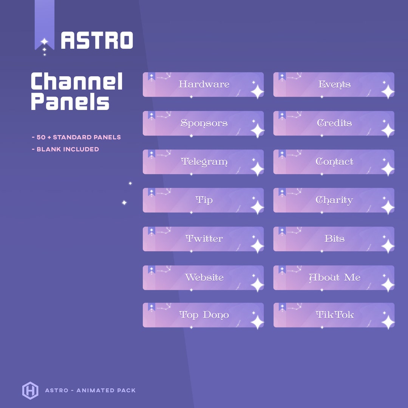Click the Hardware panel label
tap(204, 84)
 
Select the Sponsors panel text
tap(204, 123)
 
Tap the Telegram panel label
tap(204, 162)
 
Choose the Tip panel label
tap(204, 200)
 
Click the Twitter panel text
tap(204, 239)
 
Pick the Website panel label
tap(204, 277)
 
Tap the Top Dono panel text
tap(204, 315)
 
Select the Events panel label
tap(334, 84)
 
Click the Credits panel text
tap(334, 123)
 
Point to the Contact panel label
tap(334, 162)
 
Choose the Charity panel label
tap(334, 200)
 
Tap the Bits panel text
tap(334, 239)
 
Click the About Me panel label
tap(334, 278)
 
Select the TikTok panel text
tap(335, 315)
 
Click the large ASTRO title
tap(97, 40)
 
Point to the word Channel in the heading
tap(77, 82)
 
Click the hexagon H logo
tap(30, 390)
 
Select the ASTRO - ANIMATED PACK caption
tap(90, 390)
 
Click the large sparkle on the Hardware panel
tap(257, 92)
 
